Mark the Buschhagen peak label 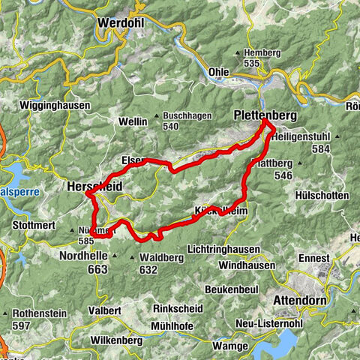[x=187, y=116]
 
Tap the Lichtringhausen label [x=225, y=249]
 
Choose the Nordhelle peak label [x=83, y=256]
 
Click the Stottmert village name [x=34, y=224]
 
